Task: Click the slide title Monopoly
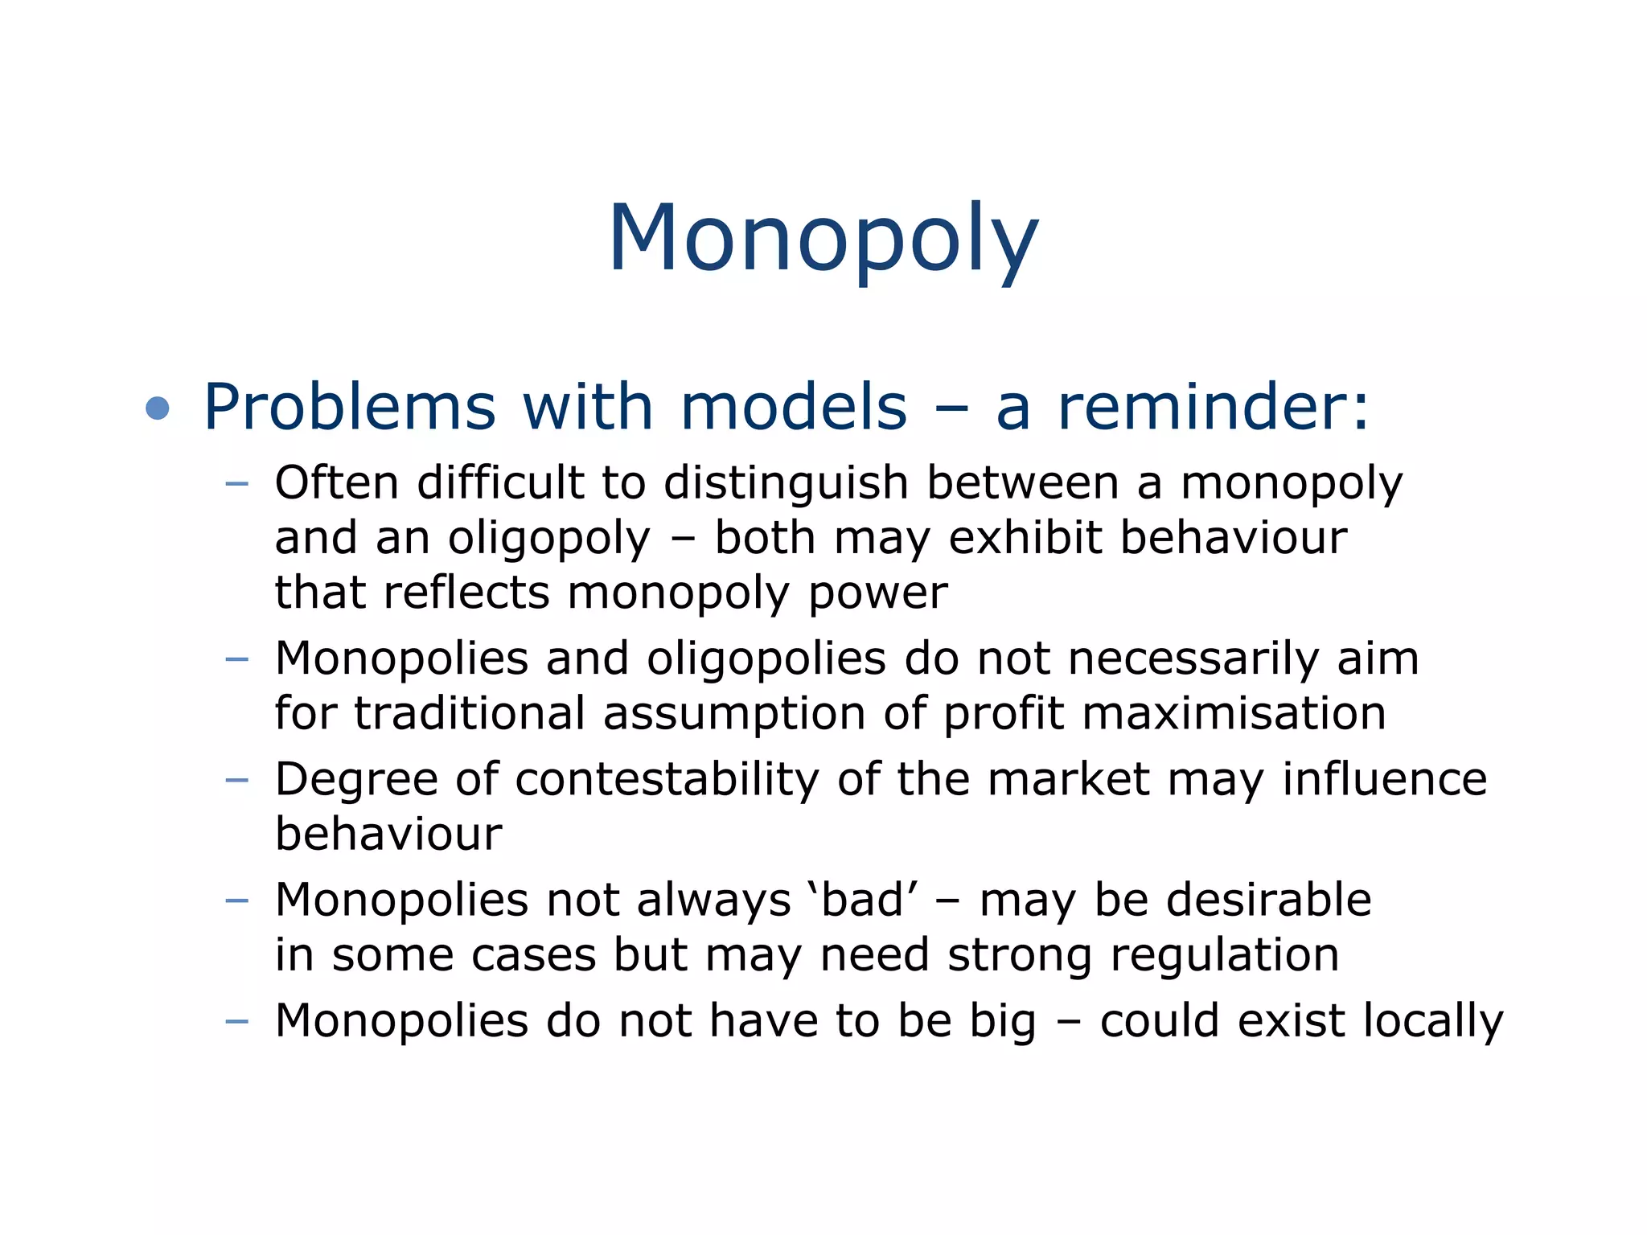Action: (823, 240)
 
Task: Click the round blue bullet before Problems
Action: (158, 408)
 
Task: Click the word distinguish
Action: (786, 485)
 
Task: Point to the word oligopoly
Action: (548, 540)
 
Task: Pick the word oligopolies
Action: (766, 659)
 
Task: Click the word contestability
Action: (667, 780)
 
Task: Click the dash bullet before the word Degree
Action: (237, 780)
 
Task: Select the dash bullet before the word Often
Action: (237, 484)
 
